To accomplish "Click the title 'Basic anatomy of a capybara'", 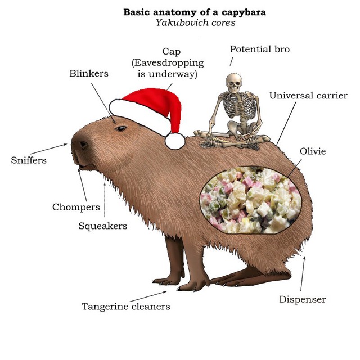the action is (x=195, y=12).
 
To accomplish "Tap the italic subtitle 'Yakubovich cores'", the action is (x=196, y=22).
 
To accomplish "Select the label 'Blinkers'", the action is (x=89, y=74).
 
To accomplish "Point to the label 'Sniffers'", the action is (x=29, y=160).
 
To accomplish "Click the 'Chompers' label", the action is (x=76, y=208).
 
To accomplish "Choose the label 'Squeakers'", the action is (x=102, y=226).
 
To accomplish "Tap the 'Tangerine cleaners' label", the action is (x=126, y=307).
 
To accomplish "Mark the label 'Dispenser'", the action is (x=303, y=300).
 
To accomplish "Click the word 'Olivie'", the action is (x=313, y=151).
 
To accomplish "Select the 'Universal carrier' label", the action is (x=308, y=96).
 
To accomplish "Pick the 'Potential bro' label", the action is (x=260, y=49).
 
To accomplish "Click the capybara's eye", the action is (x=121, y=128).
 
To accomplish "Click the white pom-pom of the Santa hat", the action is (x=175, y=141).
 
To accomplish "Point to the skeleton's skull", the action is (x=234, y=83).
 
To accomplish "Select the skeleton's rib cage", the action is (x=240, y=106).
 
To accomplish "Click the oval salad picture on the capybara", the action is (x=250, y=200).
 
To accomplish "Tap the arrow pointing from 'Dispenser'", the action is (x=303, y=274).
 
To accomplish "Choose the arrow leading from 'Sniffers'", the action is (x=49, y=148).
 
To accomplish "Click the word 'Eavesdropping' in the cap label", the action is (x=169, y=62).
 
